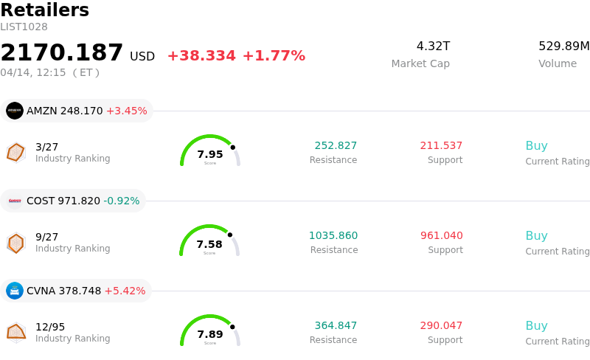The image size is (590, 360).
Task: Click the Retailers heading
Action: click(44, 10)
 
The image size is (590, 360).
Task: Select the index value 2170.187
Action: click(62, 53)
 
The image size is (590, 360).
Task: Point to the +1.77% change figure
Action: click(274, 56)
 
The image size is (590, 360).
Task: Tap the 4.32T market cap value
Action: click(433, 46)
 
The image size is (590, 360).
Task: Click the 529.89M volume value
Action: click(563, 46)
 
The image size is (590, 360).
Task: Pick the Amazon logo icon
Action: click(15, 111)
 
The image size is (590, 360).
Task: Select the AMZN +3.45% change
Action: click(126, 111)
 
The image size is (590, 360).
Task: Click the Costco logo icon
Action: click(15, 201)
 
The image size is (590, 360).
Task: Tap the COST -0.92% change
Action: click(121, 201)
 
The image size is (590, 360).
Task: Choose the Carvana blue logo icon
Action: click(15, 291)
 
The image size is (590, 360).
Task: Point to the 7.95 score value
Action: click(210, 155)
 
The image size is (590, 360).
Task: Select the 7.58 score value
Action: click(209, 245)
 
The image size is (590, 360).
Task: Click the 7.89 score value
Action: click(210, 335)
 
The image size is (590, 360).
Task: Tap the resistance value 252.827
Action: click(336, 146)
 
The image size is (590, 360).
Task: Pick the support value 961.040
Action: click(442, 236)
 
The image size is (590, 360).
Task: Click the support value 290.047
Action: click(441, 326)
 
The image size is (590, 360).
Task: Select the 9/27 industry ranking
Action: click(46, 237)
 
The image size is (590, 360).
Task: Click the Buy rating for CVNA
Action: click(536, 326)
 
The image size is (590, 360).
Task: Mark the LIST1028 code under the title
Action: click(24, 27)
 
